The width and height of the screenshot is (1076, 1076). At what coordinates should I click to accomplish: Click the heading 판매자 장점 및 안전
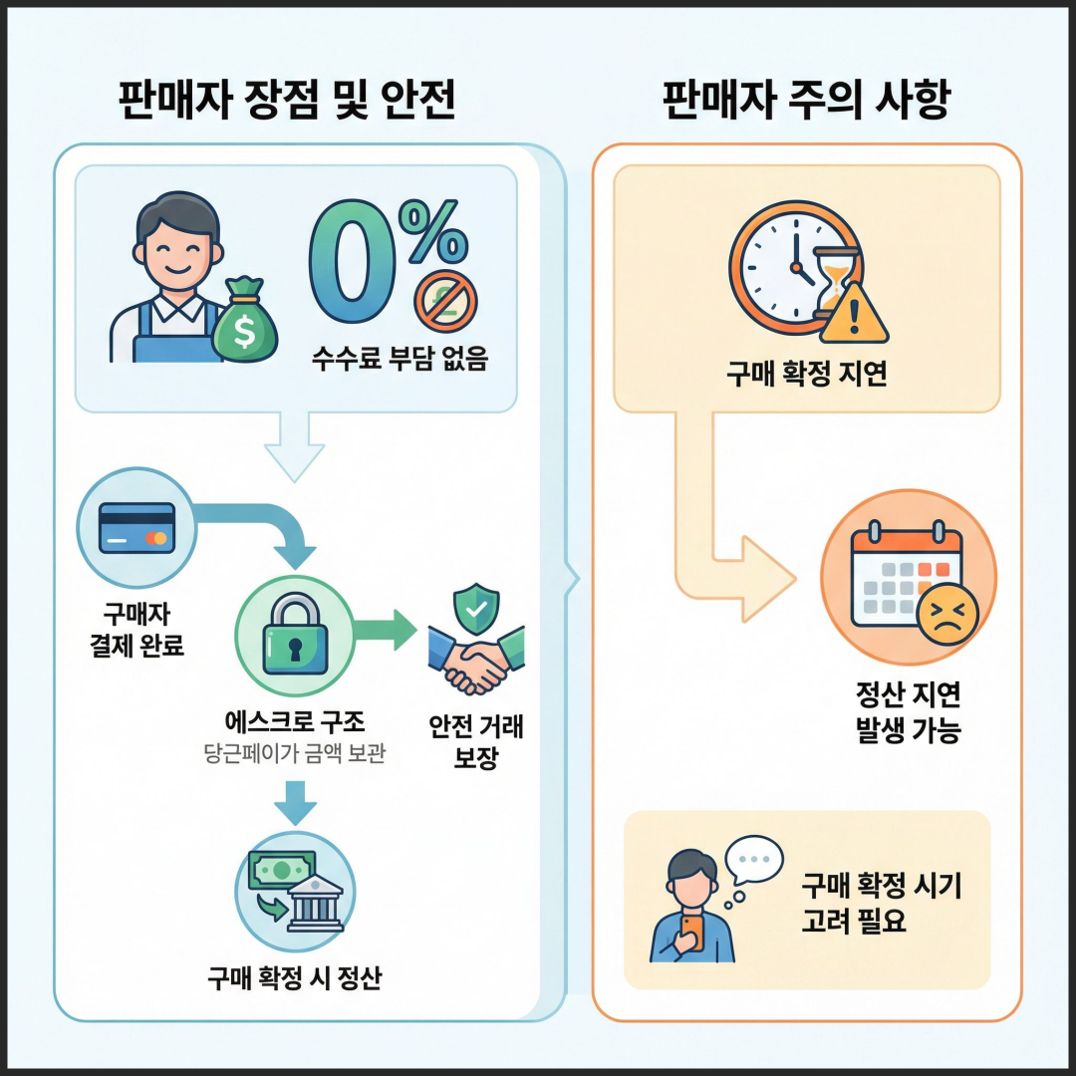click(287, 101)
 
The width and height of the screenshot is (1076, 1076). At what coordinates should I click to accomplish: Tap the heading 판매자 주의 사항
click(806, 101)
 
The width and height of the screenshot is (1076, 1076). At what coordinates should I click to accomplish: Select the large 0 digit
click(353, 261)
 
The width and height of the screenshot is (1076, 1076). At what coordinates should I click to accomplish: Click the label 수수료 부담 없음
click(400, 359)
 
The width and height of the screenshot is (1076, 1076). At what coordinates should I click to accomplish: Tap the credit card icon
click(137, 528)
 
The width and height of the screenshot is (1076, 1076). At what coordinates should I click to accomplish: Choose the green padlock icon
click(295, 634)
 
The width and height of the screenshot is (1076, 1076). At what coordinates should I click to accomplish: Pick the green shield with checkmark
click(476, 609)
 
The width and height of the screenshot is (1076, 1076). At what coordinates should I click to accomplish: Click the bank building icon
click(315, 903)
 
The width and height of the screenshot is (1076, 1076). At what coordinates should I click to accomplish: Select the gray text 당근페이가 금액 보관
click(295, 753)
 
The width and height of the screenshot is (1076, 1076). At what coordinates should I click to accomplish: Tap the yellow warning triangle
click(855, 314)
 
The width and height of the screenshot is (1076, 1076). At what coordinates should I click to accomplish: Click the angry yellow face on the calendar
click(947, 614)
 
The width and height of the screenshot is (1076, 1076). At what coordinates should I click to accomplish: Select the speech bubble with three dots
click(754, 859)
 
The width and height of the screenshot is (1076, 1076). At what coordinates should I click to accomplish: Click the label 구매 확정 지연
click(807, 374)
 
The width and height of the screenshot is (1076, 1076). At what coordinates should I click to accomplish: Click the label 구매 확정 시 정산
click(295, 978)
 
